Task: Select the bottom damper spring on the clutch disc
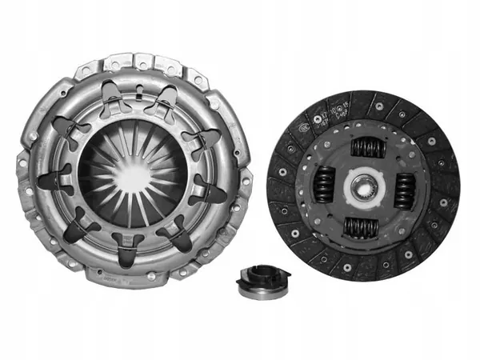pyautogui.click(x=361, y=227)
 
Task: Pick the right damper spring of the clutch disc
pyautogui.click(x=403, y=190)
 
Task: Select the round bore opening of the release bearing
pyautogui.click(x=262, y=276)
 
